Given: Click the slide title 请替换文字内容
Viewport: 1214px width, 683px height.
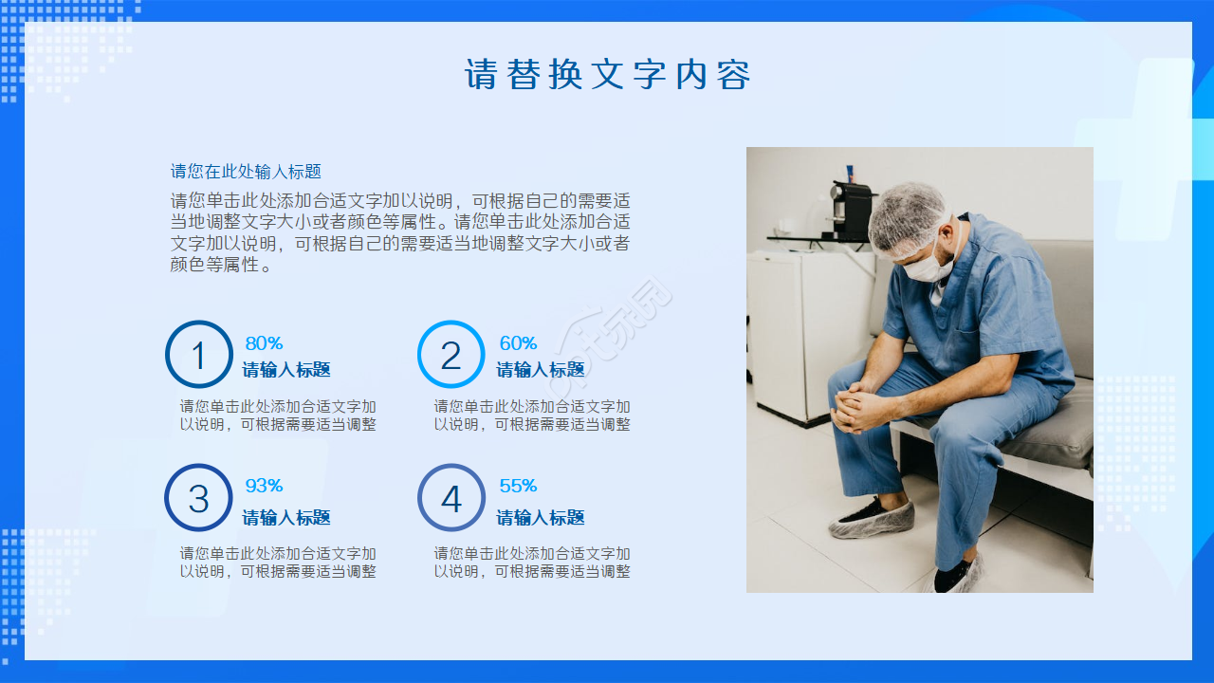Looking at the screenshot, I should coord(607,74).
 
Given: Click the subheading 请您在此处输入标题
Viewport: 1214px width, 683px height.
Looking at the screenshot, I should coord(246,172).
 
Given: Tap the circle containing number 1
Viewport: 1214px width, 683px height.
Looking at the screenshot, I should coord(198,355).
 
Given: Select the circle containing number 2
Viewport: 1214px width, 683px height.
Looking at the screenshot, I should coord(451,355).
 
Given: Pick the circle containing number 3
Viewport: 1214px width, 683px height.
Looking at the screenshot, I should coord(198,497).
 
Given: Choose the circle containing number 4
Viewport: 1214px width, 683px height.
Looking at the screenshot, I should coord(451,497).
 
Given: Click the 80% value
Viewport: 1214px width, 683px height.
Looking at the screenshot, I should coord(264,343).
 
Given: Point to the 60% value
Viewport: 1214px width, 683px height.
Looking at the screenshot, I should coord(518,343).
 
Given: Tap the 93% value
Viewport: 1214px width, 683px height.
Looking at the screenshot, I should coord(264,486).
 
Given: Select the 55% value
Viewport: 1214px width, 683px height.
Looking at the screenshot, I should coord(518,486).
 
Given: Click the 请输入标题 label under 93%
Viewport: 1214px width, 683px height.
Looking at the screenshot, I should coord(286,518).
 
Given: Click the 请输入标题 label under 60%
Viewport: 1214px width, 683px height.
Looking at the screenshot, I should coord(541,370).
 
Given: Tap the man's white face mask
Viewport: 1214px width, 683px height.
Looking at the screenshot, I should coord(926,265).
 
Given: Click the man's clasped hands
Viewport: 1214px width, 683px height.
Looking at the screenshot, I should coord(859,408).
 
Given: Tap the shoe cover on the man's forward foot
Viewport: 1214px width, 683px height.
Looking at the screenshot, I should coord(872,519).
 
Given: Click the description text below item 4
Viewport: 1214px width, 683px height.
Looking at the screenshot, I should coord(532,563).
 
